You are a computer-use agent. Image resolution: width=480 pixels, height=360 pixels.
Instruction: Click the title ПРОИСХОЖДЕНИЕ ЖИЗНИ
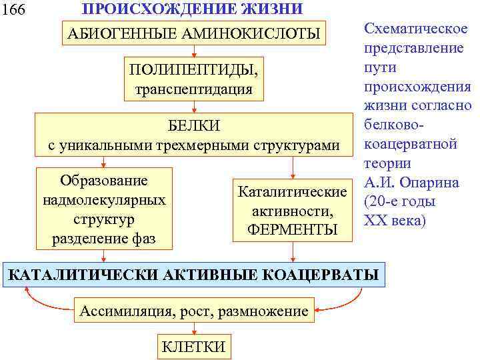pyautogui.click(x=192, y=9)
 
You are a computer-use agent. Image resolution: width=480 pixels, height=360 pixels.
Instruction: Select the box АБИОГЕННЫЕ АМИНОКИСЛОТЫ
pyautogui.click(x=192, y=33)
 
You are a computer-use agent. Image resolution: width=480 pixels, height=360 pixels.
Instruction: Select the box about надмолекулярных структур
pyautogui.click(x=103, y=209)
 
